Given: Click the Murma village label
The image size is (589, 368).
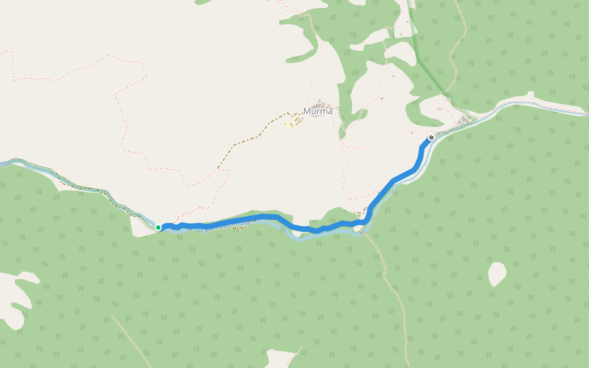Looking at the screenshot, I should tap(318, 111).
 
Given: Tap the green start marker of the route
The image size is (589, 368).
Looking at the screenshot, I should tap(158, 228).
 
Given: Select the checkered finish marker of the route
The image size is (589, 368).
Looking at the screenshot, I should tap(431, 137).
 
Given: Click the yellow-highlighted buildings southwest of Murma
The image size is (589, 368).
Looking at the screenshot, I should tap(293, 122).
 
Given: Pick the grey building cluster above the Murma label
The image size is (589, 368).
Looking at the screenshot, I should tap(320, 102).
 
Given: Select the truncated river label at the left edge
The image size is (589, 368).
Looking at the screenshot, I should tap(4, 163).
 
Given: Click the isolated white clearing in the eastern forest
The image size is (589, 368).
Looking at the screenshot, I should tap(498, 274).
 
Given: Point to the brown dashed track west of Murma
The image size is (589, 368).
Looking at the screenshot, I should tap(245, 140).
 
